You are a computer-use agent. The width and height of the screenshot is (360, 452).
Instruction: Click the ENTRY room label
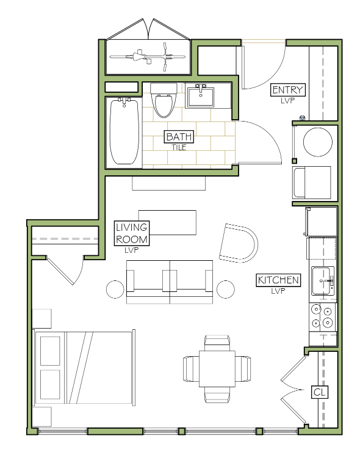click(x=287, y=90)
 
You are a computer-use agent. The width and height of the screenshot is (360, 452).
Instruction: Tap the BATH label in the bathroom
click(x=179, y=137)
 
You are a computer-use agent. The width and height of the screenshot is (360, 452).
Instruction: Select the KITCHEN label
click(x=278, y=280)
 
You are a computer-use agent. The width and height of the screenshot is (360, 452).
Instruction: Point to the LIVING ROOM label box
click(x=132, y=233)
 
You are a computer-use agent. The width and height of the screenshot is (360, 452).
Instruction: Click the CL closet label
click(x=320, y=392)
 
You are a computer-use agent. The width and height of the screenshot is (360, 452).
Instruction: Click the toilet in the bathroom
click(x=164, y=100)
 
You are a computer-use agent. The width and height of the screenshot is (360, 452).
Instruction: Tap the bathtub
click(x=124, y=132)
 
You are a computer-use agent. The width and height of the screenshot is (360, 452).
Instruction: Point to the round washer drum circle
click(x=318, y=142)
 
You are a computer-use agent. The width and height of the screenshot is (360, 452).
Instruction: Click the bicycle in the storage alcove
click(x=148, y=57)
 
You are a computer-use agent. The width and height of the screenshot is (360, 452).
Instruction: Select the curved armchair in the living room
click(x=239, y=243)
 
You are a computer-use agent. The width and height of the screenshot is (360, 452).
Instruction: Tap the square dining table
click(x=217, y=369)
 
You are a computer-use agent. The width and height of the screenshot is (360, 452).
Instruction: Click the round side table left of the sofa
click(x=115, y=289)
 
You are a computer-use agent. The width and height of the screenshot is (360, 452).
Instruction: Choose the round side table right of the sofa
click(x=226, y=289)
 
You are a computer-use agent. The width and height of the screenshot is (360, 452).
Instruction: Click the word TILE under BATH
click(x=179, y=147)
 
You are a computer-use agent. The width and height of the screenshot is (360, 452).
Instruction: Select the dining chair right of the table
click(x=243, y=369)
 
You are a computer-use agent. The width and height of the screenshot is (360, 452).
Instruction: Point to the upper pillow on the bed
click(x=50, y=351)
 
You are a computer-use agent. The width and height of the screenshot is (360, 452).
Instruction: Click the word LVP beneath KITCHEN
click(x=278, y=291)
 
